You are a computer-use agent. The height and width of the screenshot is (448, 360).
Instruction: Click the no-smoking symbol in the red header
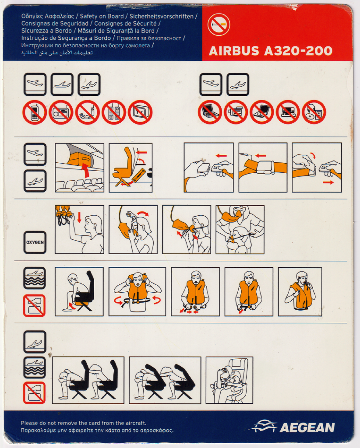(x=219, y=25)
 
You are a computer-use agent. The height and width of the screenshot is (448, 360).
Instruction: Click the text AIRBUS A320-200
(x=271, y=51)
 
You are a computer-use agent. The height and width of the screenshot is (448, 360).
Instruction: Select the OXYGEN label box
(x=35, y=242)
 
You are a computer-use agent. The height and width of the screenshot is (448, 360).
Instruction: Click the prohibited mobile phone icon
(x=35, y=112)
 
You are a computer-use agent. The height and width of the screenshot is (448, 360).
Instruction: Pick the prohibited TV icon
(x=140, y=112)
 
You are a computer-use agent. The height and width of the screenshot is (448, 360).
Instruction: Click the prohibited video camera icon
(x=236, y=112)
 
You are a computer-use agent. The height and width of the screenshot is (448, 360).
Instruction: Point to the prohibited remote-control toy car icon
(x=88, y=112)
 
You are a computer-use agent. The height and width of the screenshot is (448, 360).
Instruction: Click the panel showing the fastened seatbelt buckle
(x=263, y=168)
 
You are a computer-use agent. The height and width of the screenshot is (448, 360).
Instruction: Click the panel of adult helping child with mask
(x=240, y=229)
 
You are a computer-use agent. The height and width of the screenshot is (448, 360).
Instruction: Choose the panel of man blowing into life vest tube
(x=300, y=292)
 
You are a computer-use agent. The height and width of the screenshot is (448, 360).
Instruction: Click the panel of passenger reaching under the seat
(x=79, y=292)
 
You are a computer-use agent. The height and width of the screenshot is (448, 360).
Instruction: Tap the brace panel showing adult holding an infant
(x=229, y=380)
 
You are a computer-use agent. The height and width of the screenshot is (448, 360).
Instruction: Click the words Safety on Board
(x=102, y=17)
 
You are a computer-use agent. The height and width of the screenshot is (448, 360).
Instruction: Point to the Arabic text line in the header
(x=57, y=52)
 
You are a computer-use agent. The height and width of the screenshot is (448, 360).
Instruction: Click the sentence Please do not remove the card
(x=84, y=423)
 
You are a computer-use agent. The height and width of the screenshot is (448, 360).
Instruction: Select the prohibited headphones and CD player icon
(x=314, y=112)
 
